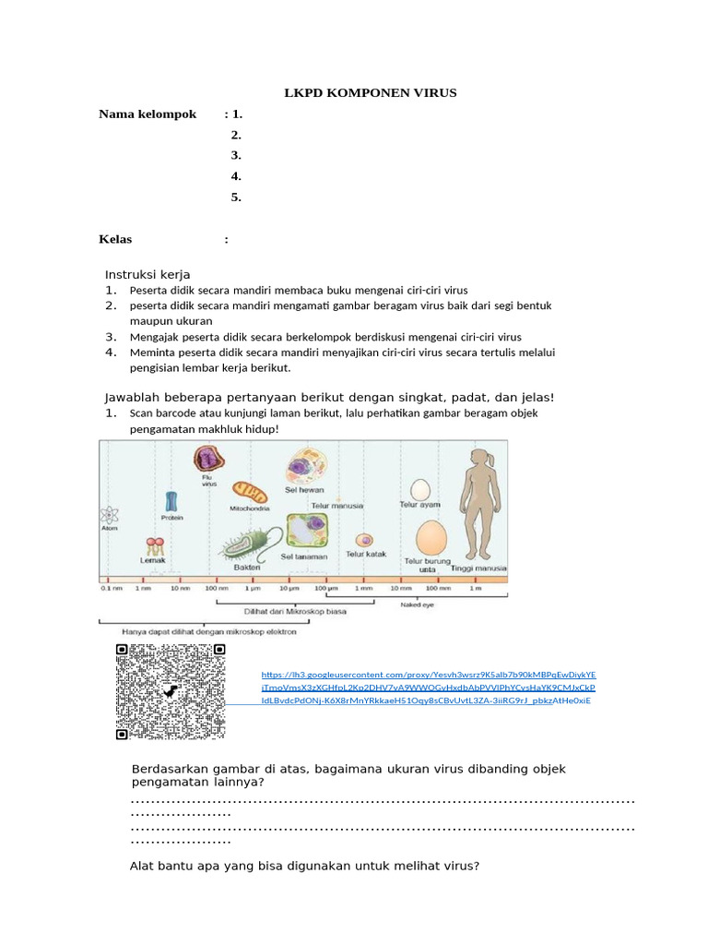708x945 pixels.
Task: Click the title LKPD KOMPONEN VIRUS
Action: click(369, 93)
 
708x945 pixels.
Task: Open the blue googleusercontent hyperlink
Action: click(428, 688)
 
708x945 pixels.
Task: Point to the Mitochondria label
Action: click(249, 508)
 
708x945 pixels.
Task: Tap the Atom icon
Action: click(109, 518)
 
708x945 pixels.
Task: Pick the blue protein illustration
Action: click(171, 501)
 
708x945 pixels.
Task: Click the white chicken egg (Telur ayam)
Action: click(419, 489)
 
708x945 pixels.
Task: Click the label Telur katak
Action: click(365, 554)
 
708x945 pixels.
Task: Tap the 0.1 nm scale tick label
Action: click(111, 587)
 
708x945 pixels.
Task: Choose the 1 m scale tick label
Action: click(476, 587)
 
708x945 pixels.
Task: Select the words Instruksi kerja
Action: click(147, 275)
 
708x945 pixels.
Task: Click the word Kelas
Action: click(115, 239)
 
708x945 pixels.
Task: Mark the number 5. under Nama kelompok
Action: click(236, 197)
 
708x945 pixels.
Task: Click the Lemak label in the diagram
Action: click(152, 560)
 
